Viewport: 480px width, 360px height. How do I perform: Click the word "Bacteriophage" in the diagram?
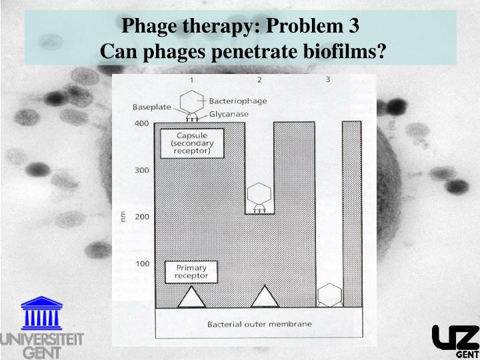pyautogui.click(x=238, y=101)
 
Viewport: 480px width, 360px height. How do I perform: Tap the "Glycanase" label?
pyautogui.click(x=229, y=114)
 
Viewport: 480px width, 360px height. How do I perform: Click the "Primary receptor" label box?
pyautogui.click(x=191, y=272)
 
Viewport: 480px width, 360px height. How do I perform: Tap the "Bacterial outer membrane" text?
pyautogui.click(x=259, y=325)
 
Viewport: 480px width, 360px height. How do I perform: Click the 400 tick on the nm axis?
pyautogui.click(x=141, y=123)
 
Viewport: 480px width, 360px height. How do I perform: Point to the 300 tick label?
pyautogui.click(x=141, y=171)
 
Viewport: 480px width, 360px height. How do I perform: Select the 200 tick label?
pyautogui.click(x=141, y=217)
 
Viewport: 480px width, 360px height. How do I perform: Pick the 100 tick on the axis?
pyautogui.click(x=141, y=264)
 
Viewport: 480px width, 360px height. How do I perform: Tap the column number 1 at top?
pyautogui.click(x=192, y=80)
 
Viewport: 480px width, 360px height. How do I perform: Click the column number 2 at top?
pyautogui.click(x=259, y=80)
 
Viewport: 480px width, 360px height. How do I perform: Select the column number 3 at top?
pyautogui.click(x=327, y=80)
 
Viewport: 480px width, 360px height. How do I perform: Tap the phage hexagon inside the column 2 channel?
pyautogui.click(x=259, y=194)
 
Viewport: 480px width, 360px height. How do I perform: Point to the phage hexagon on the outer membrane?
pyautogui.click(x=329, y=293)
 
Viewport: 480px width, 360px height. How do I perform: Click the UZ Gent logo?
pyautogui.click(x=455, y=340)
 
